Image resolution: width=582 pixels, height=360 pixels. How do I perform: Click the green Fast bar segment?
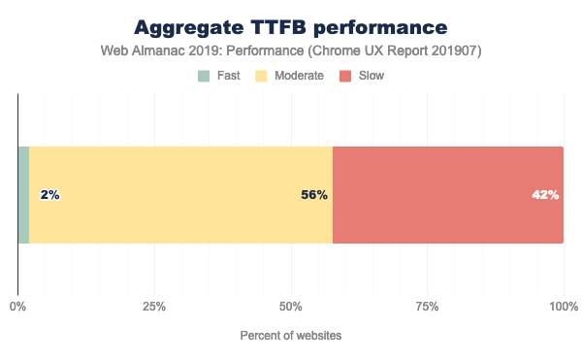[x=23, y=195]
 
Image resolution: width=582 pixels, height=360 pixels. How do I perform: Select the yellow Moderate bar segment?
[x=180, y=195]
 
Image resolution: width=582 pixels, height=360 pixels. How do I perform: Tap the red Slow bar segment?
[x=448, y=195]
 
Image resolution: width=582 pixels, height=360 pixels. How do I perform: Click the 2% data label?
[x=50, y=195]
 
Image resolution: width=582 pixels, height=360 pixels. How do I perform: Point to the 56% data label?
[x=313, y=195]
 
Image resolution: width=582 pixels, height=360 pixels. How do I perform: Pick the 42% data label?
[x=545, y=195]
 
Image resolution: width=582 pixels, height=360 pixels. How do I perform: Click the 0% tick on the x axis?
[x=17, y=307]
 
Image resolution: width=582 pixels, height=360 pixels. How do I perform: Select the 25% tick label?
[x=154, y=307]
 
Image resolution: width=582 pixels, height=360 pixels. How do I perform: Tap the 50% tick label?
[x=291, y=307]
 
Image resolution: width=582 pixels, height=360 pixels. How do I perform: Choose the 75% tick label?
[x=428, y=307]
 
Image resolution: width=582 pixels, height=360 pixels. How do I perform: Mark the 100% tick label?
[x=564, y=307]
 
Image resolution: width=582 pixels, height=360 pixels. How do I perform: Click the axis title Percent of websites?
[x=291, y=336]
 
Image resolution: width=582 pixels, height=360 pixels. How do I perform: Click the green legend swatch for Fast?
[x=204, y=75]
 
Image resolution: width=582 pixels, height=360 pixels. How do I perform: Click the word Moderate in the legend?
[x=301, y=75]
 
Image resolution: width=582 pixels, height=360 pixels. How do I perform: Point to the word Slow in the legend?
[x=372, y=75]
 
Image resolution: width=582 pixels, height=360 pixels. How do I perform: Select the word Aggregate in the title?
[x=194, y=26]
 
